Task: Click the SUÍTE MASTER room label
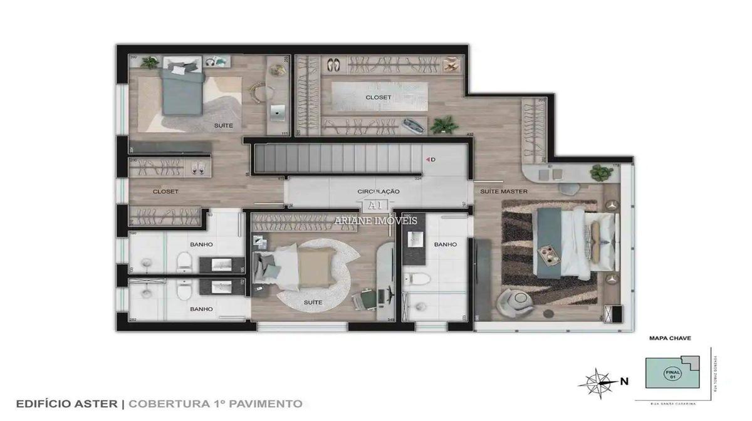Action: pos(503,191)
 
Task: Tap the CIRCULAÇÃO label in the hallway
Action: pos(378,191)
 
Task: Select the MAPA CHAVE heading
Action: pos(669,338)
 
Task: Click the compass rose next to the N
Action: pos(600,380)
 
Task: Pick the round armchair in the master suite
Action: pos(516,302)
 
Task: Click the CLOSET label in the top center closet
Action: pos(378,98)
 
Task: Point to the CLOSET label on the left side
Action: pos(165,191)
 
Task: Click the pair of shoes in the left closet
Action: pos(197,167)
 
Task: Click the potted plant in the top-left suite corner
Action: pos(149,62)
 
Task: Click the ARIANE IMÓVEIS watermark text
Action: pos(376,221)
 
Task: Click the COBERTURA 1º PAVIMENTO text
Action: pos(216,404)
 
